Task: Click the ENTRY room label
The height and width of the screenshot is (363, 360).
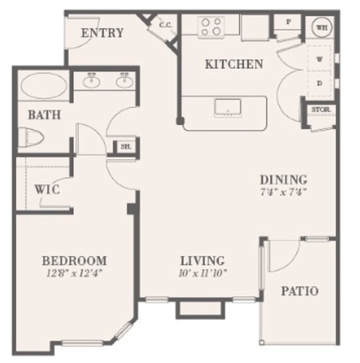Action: [x=102, y=33]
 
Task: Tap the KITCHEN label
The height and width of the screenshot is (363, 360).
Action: [x=233, y=65]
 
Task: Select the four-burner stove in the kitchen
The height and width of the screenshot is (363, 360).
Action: [x=211, y=27]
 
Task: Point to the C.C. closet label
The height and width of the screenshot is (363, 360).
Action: [x=166, y=25]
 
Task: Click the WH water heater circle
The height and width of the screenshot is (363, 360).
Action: [x=322, y=28]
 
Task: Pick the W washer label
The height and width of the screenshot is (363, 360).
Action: [x=320, y=59]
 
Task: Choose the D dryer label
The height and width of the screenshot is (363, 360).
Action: [x=320, y=83]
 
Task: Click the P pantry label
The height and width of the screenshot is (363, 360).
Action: [x=288, y=22]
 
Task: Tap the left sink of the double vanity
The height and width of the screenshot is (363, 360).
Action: [x=93, y=80]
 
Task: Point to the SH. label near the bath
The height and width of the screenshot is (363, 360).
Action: [x=126, y=147]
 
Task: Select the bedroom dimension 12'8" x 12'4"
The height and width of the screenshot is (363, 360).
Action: [x=74, y=272]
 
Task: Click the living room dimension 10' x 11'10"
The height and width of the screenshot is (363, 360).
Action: [x=202, y=272]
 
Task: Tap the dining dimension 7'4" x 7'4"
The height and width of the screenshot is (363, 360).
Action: [x=283, y=191]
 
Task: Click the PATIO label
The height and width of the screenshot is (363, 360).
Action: [x=300, y=291]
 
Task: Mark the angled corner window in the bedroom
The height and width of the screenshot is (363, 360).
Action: [x=123, y=330]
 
